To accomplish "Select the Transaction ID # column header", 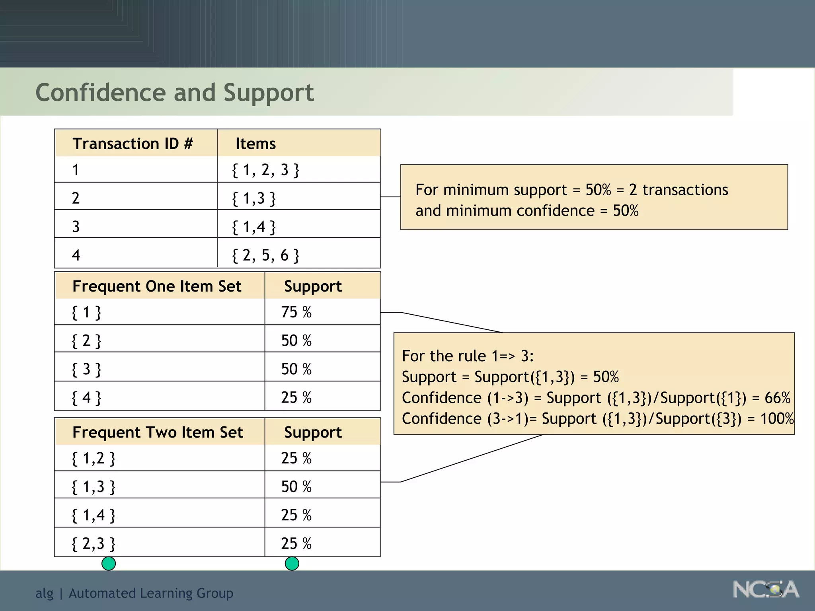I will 132,144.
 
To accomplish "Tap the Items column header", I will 255,144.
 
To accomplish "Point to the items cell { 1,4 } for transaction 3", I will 254,227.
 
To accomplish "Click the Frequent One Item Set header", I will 157,286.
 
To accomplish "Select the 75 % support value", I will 296,312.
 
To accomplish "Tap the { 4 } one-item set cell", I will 86,397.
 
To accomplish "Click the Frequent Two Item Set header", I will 158,432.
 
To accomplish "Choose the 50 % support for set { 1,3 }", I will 296,486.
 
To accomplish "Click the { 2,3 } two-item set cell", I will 94,543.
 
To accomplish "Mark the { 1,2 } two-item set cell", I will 94,458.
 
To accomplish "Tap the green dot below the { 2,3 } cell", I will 109,563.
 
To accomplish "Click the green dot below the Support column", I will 292,563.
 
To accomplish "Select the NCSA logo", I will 766,589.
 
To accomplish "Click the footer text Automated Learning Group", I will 151,593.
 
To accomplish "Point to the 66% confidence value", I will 777,398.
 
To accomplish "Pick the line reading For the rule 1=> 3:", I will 468,356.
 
